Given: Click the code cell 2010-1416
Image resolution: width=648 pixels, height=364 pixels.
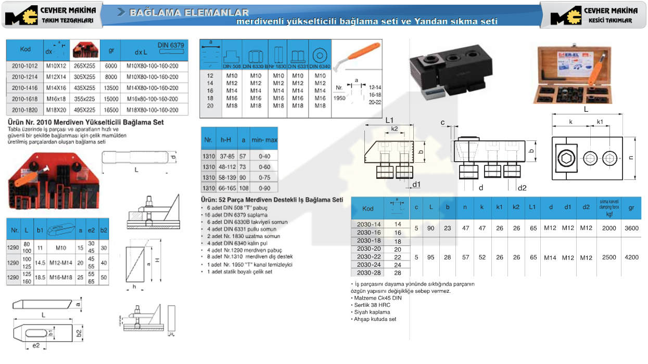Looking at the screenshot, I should tap(25, 88).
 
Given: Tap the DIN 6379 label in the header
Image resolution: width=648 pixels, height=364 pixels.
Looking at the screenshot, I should tap(171, 46).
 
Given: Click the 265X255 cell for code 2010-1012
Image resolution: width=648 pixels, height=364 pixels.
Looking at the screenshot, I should tap(85, 66).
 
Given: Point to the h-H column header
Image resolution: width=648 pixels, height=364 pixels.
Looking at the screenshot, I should tap(226, 140).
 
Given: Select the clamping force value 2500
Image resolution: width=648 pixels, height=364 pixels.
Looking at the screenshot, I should tap(608, 257).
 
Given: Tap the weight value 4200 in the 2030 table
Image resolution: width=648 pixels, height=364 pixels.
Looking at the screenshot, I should tap(631, 257).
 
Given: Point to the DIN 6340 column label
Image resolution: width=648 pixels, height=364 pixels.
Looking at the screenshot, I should tap(320, 67).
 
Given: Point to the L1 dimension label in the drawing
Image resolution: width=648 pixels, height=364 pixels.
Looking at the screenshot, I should tap(392, 120).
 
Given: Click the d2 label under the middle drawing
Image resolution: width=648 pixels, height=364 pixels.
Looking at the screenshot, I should tap(522, 187).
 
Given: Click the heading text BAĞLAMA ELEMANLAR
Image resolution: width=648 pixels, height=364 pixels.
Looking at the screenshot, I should tap(189, 12).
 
